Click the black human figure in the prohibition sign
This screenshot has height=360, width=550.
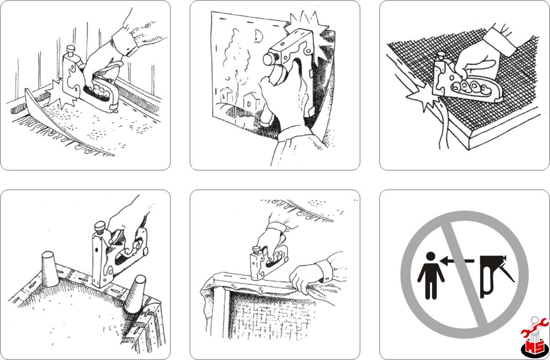431,276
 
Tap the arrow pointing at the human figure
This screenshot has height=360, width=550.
457,261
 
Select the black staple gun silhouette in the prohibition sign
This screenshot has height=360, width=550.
496,277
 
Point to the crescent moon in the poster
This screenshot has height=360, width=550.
259,36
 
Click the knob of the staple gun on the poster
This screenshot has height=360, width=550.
270,59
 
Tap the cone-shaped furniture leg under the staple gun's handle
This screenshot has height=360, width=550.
135,294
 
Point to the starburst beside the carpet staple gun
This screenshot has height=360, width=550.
60,94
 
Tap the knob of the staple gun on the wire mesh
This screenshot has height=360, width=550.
441,56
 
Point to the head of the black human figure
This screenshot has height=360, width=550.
431,256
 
